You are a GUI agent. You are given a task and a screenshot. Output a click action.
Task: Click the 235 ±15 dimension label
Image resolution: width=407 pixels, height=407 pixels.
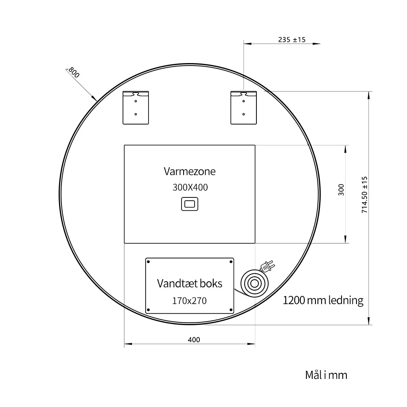(292, 40)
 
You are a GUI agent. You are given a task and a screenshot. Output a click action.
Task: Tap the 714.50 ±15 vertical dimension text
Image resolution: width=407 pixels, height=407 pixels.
(365, 195)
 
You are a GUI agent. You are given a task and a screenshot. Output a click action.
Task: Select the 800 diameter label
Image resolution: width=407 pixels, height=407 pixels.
(74, 72)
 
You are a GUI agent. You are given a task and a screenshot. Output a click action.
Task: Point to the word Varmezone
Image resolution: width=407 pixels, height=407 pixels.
(190, 171)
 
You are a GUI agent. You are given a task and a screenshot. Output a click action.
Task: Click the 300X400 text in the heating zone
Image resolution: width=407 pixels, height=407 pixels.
(190, 187)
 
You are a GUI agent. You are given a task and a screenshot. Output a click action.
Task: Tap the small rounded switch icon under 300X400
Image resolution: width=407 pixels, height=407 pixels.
(190, 204)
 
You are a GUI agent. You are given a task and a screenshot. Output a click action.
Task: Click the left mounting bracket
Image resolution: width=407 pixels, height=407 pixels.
(136, 107)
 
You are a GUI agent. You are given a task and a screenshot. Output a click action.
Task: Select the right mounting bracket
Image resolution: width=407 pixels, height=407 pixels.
(243, 107)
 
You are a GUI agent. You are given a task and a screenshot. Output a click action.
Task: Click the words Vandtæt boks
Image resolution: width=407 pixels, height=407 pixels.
(190, 283)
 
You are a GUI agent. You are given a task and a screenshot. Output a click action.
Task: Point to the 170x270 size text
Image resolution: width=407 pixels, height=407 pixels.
(190, 301)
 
